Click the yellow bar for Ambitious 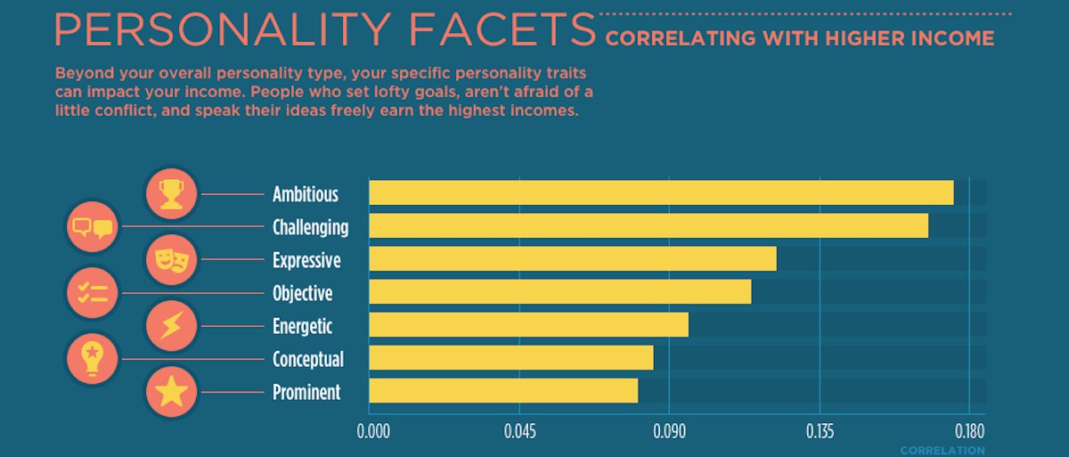pos(661,192)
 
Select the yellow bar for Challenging pos(649,225)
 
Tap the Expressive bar pos(573,259)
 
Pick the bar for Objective pos(560,291)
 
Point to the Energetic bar pos(529,324)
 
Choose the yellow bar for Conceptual pos(511,357)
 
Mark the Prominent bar pos(503,390)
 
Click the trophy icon pos(171,193)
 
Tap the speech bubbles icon pos(93,227)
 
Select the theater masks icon pos(171,260)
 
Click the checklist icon pos(93,293)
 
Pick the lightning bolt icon pos(171,326)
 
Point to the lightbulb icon pos(93,359)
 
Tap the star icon pos(171,392)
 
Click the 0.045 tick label pos(518,433)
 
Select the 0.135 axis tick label pos(820,433)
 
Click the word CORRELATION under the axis pos(943,451)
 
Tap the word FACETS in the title pos(502,29)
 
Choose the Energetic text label pos(302,326)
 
